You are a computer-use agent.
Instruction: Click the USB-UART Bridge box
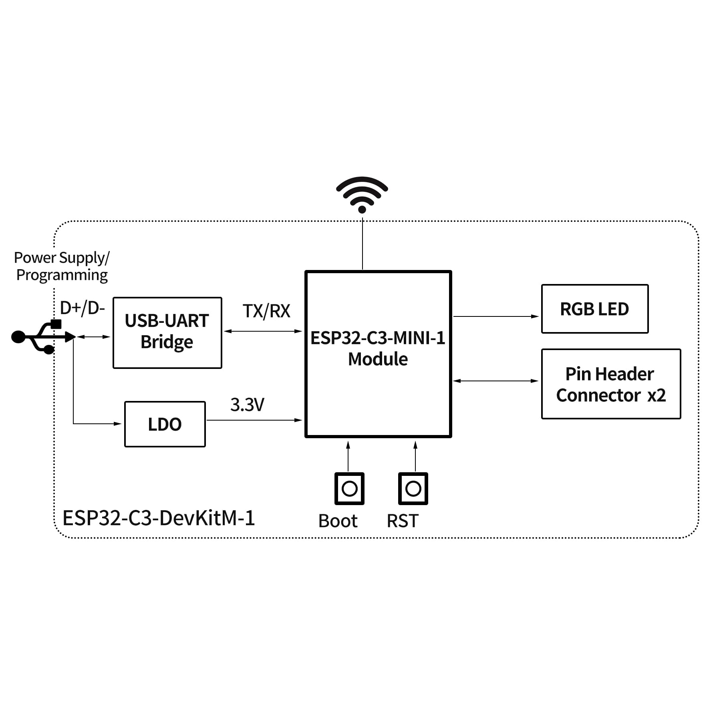click(x=167, y=332)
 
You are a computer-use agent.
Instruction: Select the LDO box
click(x=165, y=424)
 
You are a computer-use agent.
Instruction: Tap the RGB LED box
click(x=594, y=309)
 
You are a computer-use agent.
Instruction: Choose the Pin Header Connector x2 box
click(x=610, y=384)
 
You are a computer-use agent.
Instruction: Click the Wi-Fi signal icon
click(x=362, y=194)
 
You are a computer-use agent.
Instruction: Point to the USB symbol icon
click(x=42, y=337)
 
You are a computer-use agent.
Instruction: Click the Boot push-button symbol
click(x=349, y=489)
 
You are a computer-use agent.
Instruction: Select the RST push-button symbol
click(x=413, y=489)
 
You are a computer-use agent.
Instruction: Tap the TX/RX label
click(x=266, y=311)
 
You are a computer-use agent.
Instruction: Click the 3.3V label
click(x=247, y=405)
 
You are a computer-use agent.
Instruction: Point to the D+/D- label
click(x=82, y=308)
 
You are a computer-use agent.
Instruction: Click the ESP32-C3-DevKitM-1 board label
click(x=159, y=518)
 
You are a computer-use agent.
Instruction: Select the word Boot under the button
click(x=338, y=521)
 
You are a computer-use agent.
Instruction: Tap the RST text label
click(x=402, y=521)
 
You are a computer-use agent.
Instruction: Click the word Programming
click(x=62, y=275)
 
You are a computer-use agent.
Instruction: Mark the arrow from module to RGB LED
click(x=496, y=316)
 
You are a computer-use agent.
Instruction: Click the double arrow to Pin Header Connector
click(x=496, y=381)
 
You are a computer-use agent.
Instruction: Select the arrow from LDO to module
click(x=254, y=420)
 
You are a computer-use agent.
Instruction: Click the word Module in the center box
click(x=378, y=359)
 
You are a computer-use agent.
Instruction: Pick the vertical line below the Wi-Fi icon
click(x=363, y=244)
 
